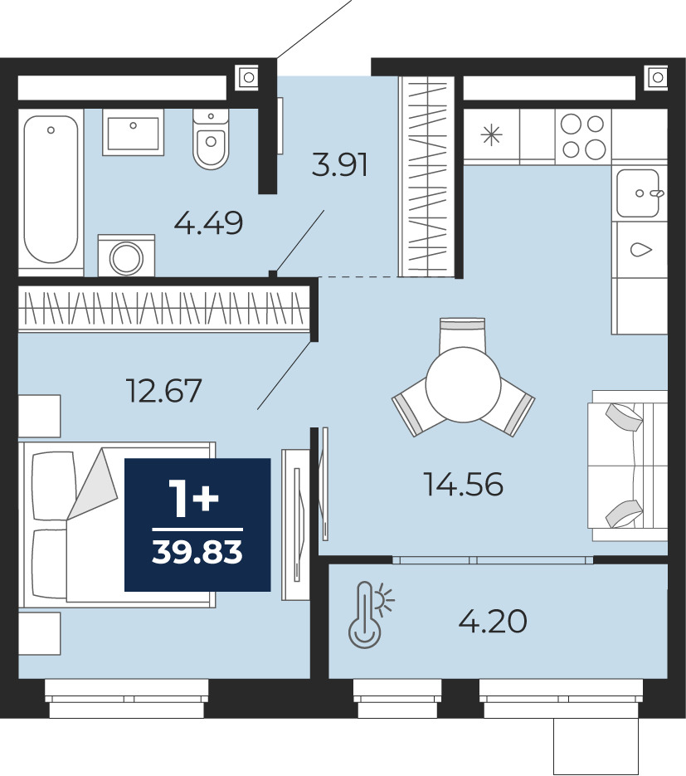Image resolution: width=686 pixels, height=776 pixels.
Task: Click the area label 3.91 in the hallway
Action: click(x=340, y=165)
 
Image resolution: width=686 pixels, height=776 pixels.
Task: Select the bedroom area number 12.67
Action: click(x=164, y=390)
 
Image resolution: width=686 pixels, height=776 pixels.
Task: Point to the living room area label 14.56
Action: click(x=464, y=484)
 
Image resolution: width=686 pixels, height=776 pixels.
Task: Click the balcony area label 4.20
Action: click(x=493, y=622)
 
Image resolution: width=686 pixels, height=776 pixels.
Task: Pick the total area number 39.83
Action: click(x=197, y=552)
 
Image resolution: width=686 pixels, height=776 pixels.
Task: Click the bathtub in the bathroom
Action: click(x=51, y=189)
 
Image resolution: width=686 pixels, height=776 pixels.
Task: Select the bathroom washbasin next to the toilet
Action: click(x=133, y=133)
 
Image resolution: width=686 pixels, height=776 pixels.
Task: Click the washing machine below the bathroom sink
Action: click(x=127, y=256)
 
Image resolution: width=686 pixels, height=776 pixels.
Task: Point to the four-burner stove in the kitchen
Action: click(x=584, y=135)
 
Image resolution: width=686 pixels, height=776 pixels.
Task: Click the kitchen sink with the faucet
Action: click(x=639, y=193)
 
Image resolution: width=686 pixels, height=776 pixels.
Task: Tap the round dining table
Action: click(x=464, y=384)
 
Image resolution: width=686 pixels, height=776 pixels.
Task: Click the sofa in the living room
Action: click(x=627, y=466)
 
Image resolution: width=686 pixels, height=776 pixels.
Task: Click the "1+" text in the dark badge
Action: click(x=193, y=500)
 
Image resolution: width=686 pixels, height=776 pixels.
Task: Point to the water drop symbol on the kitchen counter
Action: click(x=641, y=250)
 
